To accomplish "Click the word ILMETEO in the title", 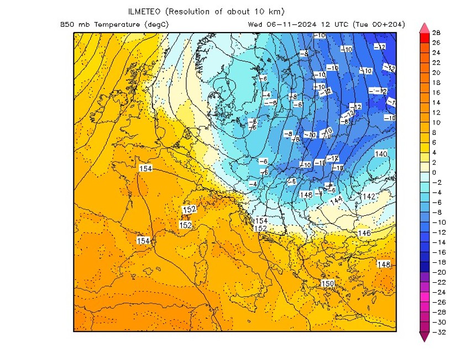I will pos(145,12).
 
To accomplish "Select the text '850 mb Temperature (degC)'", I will pos(114,24).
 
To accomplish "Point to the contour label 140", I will pos(381,153).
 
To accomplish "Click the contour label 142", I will pos(369,196).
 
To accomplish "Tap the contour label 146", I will pos(364,233).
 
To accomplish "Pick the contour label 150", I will pos(328,283).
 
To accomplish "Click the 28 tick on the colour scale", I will pos(436,33).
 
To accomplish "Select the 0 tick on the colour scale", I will pos(434,173).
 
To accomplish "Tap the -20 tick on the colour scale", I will pos(437,272).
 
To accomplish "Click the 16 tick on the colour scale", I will pos(436,92).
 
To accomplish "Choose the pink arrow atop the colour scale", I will pos(424,27).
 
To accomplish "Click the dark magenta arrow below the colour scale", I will pos(424,336).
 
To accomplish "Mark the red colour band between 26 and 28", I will pos(424,38).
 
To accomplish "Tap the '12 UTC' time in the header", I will pos(327,24).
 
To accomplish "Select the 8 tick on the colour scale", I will pos(434,133).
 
